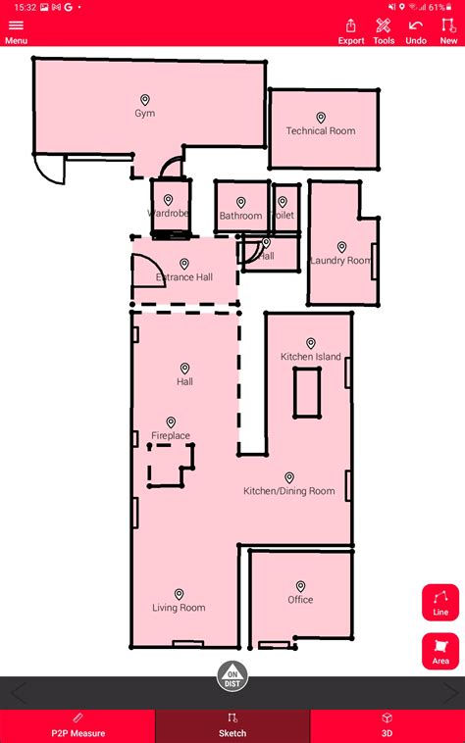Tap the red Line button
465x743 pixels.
(440, 602)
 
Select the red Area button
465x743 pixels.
(440, 651)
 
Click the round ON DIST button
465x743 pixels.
(232, 675)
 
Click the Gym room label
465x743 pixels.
(145, 114)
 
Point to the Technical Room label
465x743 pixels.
(321, 131)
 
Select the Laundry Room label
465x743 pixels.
(340, 261)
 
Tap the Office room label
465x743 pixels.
(300, 600)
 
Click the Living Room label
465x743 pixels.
(179, 608)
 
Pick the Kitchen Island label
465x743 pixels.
(311, 357)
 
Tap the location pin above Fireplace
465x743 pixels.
(171, 422)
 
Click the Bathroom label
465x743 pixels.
(240, 216)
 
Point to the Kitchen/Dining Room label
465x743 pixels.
(289, 491)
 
